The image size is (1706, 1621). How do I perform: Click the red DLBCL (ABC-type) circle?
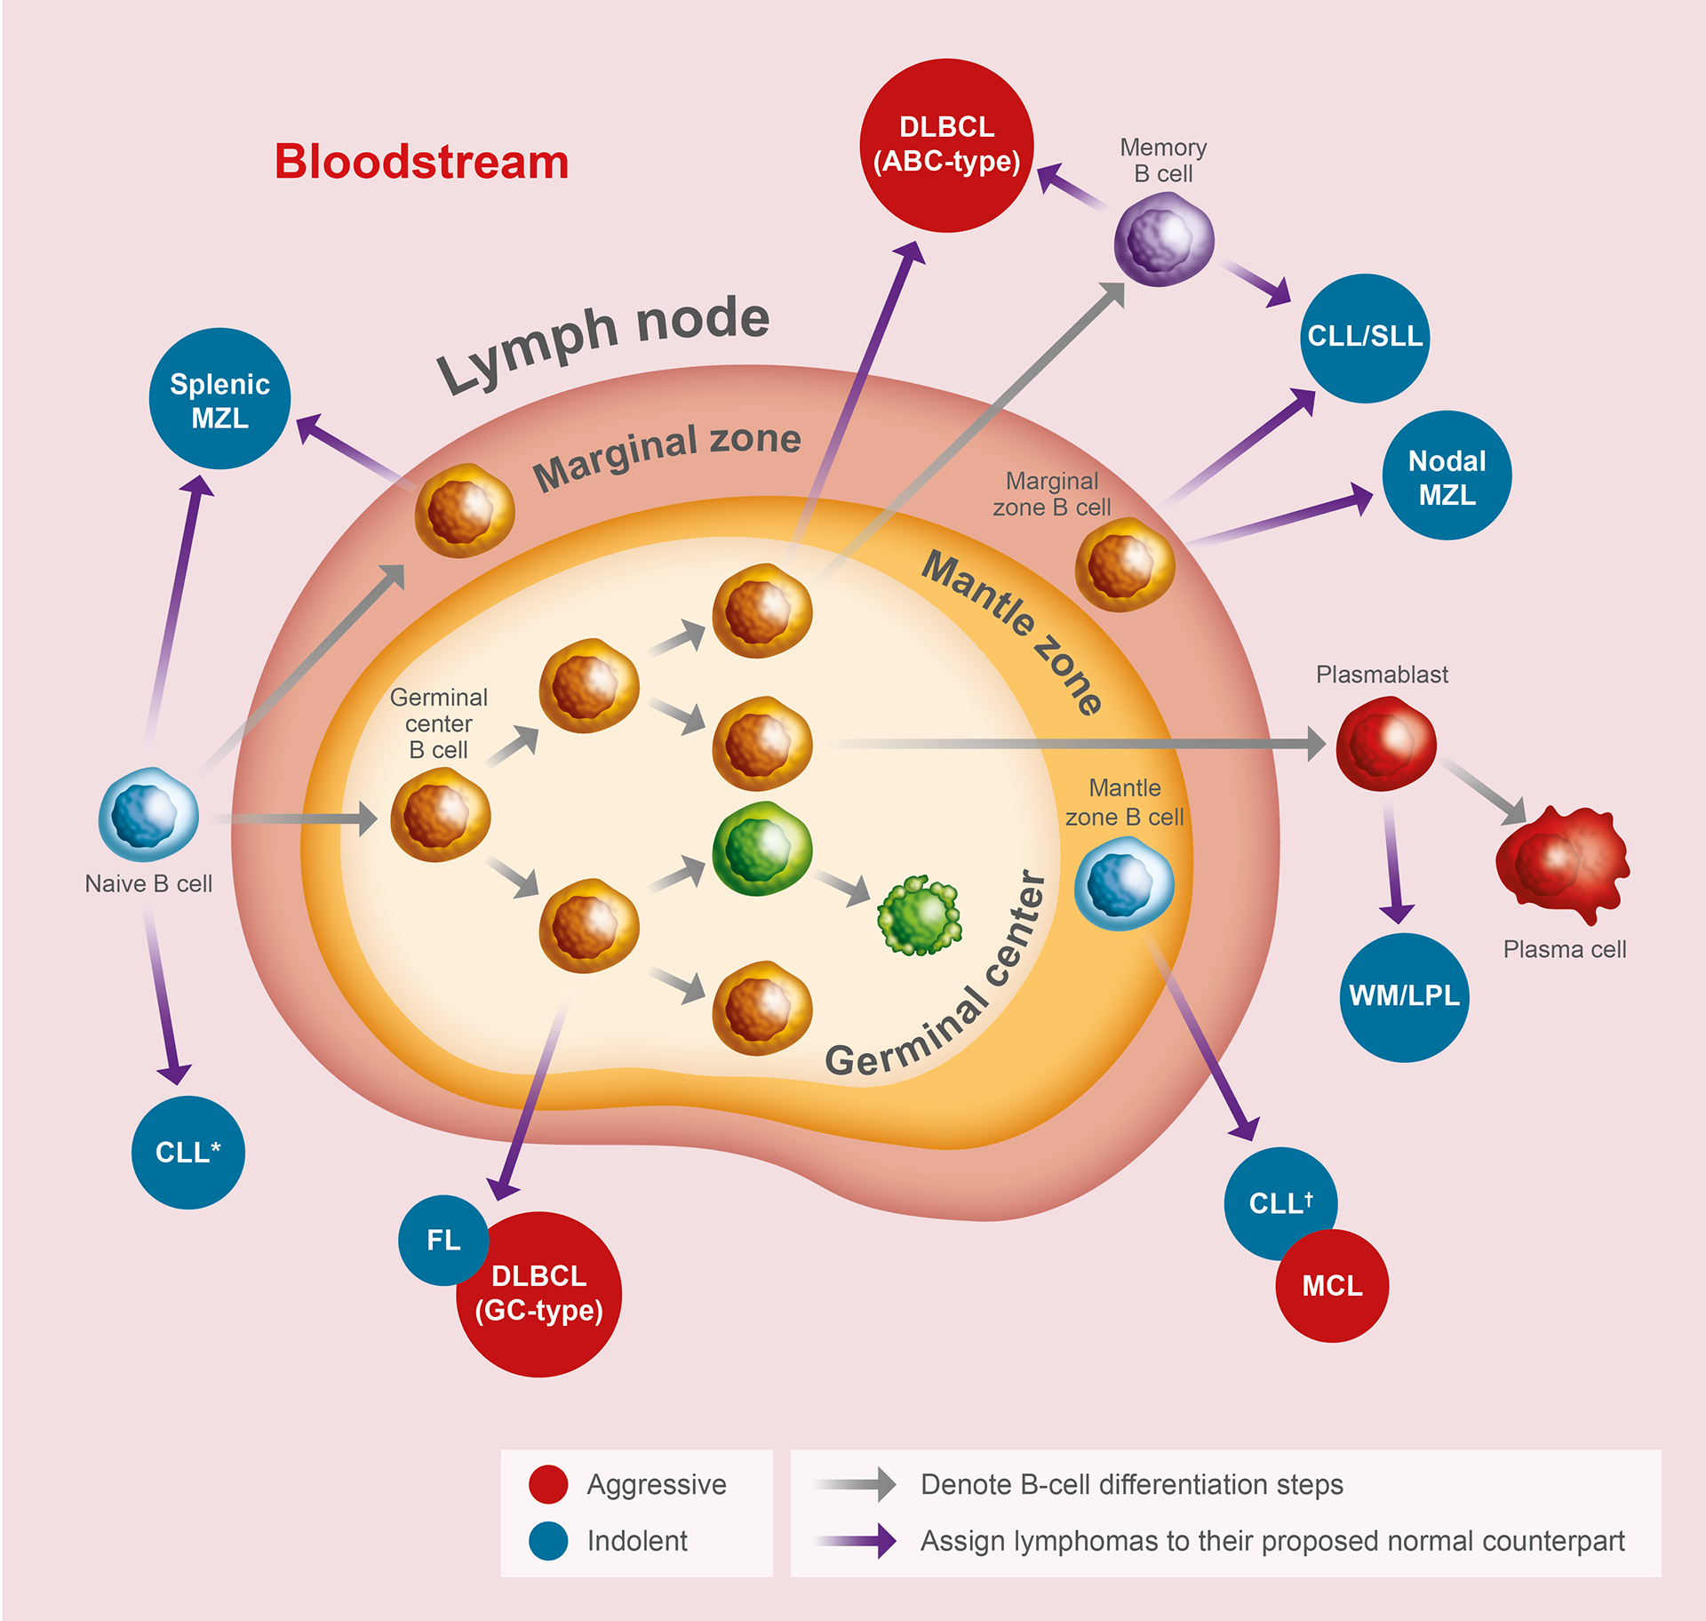pyautogui.click(x=946, y=145)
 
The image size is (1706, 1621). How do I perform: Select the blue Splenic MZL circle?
pyautogui.click(x=219, y=399)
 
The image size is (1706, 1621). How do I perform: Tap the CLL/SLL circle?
pyautogui.click(x=1365, y=338)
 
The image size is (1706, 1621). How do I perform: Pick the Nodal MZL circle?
pyautogui.click(x=1447, y=475)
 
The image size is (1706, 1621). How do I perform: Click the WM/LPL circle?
pyautogui.click(x=1404, y=996)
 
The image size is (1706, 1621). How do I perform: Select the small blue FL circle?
pyautogui.click(x=442, y=1239)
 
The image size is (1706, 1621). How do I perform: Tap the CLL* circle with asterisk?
pyautogui.click(x=188, y=1152)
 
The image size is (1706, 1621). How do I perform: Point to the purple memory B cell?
pyautogui.click(x=1164, y=239)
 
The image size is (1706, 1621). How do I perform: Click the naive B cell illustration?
pyautogui.click(x=148, y=814)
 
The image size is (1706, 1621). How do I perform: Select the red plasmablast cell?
pyautogui.click(x=1386, y=743)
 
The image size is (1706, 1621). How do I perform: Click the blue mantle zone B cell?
pyautogui.click(x=1124, y=883)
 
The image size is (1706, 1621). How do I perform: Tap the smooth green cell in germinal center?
pyautogui.click(x=761, y=848)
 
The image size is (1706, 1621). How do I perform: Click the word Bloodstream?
pyautogui.click(x=421, y=162)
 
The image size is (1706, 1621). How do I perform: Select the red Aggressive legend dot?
pyautogui.click(x=548, y=1484)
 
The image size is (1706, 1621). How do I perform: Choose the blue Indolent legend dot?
pyautogui.click(x=548, y=1541)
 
